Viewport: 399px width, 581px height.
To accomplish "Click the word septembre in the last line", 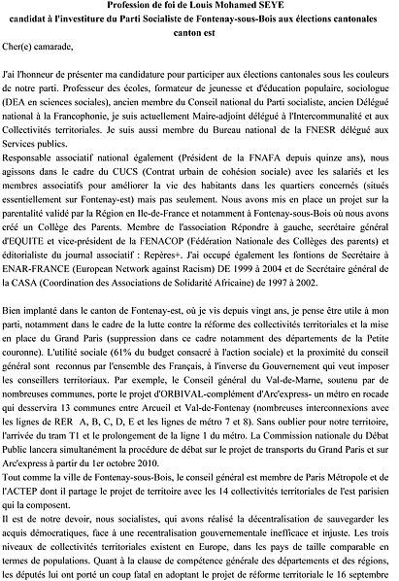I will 364,574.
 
